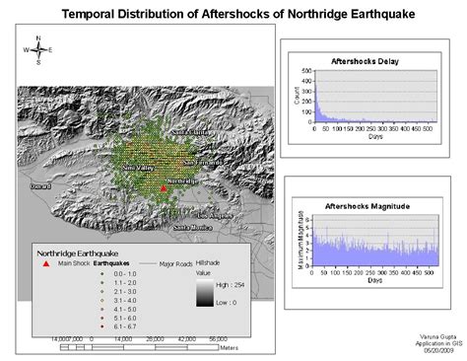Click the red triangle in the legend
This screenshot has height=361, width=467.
click(45, 263)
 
